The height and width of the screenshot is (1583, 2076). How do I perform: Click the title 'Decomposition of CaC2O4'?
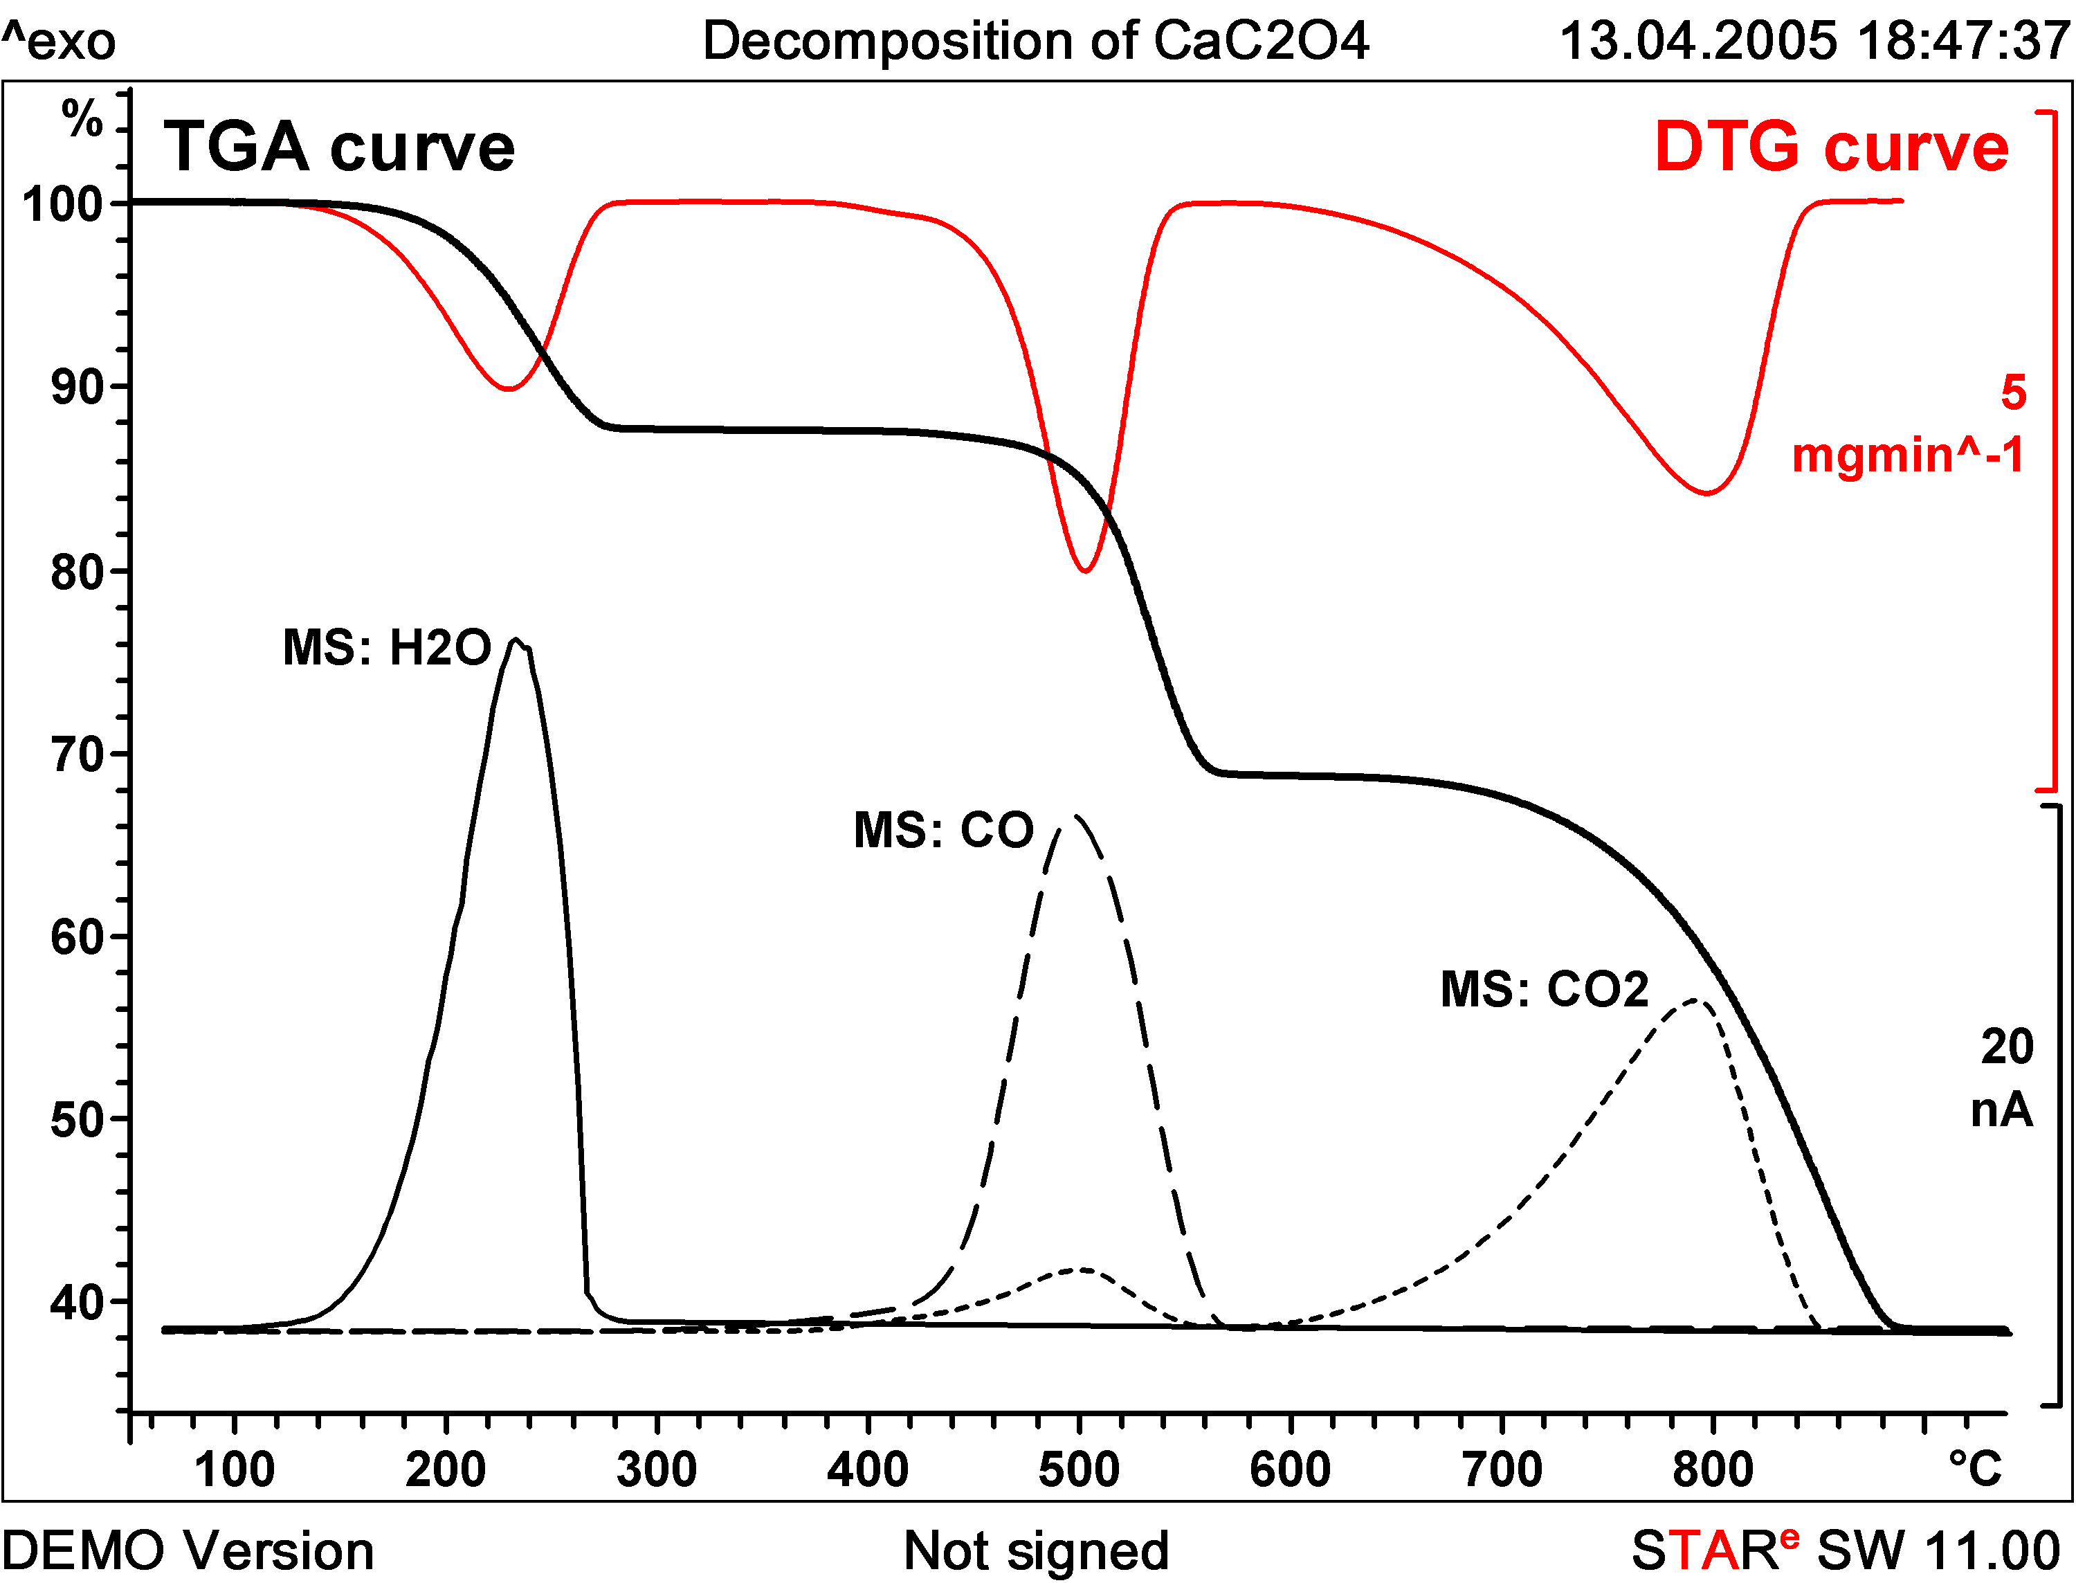point(1035,42)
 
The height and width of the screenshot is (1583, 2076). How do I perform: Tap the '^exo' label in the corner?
point(58,42)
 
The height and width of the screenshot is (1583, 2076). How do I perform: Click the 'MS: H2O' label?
point(387,649)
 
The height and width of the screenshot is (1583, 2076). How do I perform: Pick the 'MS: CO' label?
point(944,830)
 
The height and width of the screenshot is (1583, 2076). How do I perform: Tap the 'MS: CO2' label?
point(1545,989)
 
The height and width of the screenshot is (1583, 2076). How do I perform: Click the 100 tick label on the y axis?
point(62,204)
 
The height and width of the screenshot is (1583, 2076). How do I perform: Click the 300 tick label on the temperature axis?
point(657,1470)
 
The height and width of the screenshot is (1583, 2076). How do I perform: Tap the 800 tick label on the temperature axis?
point(1713,1470)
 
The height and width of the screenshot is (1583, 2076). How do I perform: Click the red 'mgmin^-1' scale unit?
point(1907,455)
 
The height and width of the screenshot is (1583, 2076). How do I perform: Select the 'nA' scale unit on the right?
point(2001,1110)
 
